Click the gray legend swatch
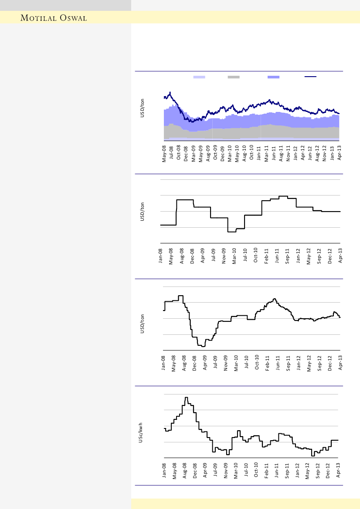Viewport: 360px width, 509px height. coord(234,77)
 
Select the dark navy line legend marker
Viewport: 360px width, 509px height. coord(310,77)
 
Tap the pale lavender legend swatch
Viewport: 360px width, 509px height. coord(199,77)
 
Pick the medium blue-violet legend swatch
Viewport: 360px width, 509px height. coord(273,77)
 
